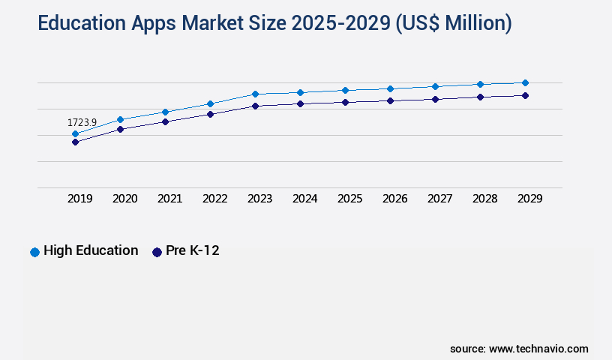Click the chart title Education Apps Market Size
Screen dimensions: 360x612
(x=274, y=24)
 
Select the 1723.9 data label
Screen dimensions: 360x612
(x=82, y=122)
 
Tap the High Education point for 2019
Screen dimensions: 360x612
(x=75, y=134)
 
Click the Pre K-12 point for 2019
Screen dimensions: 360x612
(x=75, y=142)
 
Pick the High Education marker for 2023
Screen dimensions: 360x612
(x=255, y=94)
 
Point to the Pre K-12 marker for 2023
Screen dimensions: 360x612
(x=255, y=106)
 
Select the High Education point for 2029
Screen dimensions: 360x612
(x=525, y=82)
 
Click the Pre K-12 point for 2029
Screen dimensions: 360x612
(x=525, y=95)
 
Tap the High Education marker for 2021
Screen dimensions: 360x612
(x=165, y=112)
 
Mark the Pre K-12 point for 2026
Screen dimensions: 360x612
(x=390, y=100)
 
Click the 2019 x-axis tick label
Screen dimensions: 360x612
(x=80, y=199)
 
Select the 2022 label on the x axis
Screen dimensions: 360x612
(x=215, y=199)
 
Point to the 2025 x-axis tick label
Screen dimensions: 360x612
(x=350, y=199)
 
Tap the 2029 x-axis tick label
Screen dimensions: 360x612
(x=530, y=199)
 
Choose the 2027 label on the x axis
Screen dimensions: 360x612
(x=440, y=199)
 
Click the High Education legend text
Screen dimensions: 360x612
(x=91, y=251)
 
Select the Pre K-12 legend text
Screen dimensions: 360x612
(x=193, y=251)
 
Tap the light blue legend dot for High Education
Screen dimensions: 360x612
(x=34, y=252)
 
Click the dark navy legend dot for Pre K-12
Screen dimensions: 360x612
(x=157, y=252)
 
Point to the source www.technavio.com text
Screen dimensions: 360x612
(x=519, y=349)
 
